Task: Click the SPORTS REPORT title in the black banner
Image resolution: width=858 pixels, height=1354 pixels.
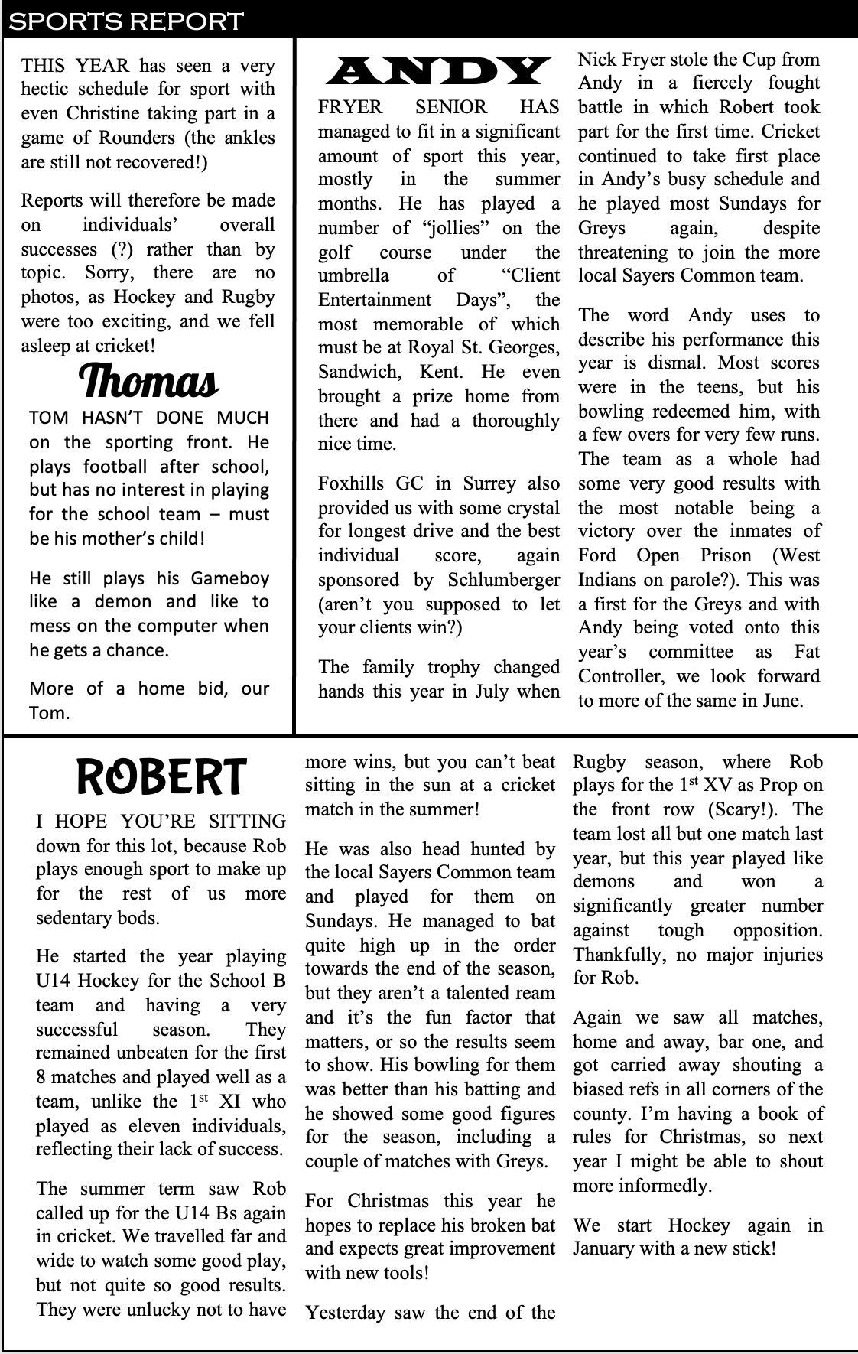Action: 125,21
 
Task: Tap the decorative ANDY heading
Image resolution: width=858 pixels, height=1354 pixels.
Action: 437,72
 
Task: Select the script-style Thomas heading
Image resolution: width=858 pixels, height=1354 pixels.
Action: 148,381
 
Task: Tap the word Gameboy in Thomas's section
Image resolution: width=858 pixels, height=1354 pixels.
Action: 230,578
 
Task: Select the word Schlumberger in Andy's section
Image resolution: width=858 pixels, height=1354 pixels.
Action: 503,580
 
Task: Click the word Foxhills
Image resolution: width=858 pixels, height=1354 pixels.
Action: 352,483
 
